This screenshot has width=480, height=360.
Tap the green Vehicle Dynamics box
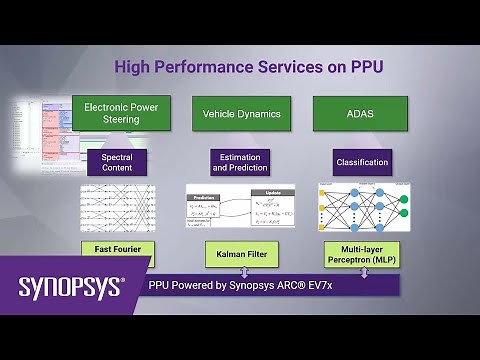tap(240, 113)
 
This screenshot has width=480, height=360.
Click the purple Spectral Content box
tap(116, 161)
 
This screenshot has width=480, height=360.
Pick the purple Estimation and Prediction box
tap(240, 161)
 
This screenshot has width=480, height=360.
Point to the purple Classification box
tap(361, 161)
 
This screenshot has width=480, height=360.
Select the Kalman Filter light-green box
tap(240, 256)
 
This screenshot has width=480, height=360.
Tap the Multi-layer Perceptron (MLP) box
tap(361, 255)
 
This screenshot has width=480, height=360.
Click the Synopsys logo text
tap(70, 288)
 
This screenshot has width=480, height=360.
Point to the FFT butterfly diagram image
tap(121, 206)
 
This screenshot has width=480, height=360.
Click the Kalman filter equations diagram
tap(240, 209)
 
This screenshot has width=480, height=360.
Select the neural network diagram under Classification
tap(361, 208)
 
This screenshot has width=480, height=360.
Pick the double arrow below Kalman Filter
tap(241, 273)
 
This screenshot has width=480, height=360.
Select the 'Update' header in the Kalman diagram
tap(272, 191)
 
